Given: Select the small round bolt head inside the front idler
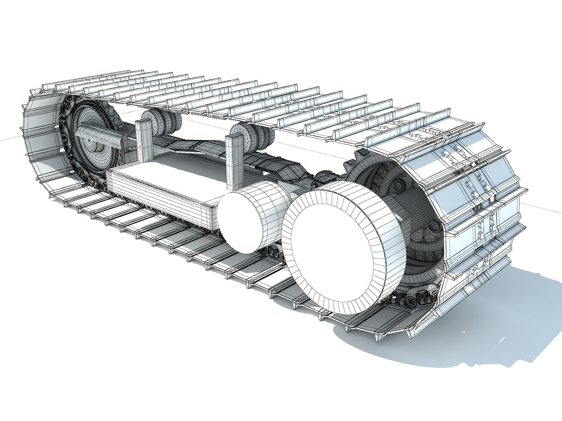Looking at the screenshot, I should click(x=398, y=183).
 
